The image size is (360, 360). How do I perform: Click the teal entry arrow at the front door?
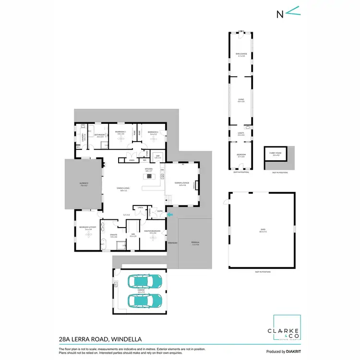click(168, 207)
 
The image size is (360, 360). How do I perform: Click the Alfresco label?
click(84, 184)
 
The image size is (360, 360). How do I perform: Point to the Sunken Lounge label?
click(182, 184)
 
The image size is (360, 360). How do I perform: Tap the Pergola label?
click(195, 243)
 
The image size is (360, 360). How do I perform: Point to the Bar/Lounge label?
click(240, 54)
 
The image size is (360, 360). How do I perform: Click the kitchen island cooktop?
click(149, 176)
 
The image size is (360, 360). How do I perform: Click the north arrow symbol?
click(287, 12)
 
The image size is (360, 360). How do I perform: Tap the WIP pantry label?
click(157, 157)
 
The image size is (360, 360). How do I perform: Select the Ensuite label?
click(114, 236)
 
